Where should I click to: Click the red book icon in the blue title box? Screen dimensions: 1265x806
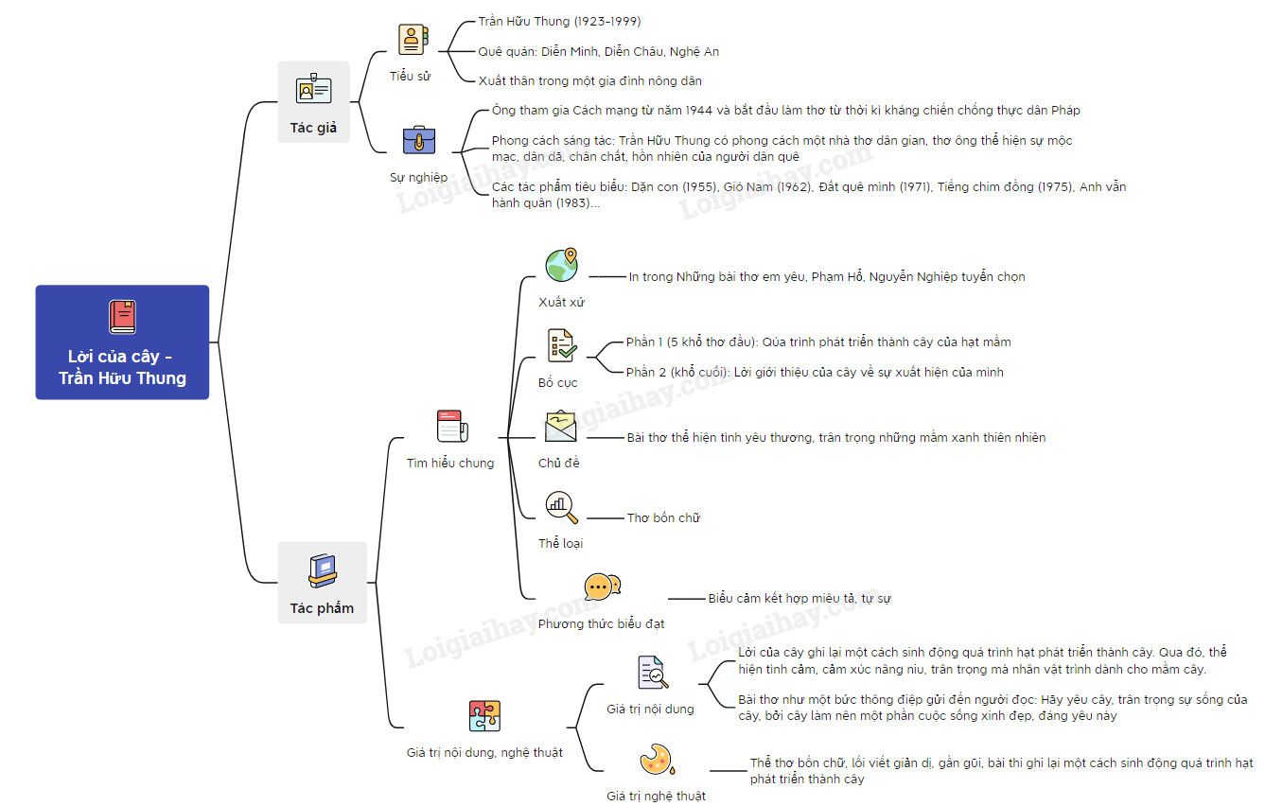[122, 317]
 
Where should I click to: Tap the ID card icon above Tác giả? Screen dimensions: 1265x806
[313, 89]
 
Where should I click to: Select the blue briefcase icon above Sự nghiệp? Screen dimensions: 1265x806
[418, 140]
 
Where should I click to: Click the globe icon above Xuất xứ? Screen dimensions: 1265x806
[561, 265]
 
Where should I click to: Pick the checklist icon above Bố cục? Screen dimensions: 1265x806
[562, 345]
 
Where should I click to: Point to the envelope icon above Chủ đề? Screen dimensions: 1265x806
[560, 426]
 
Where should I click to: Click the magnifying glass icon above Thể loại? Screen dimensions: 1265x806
[561, 507]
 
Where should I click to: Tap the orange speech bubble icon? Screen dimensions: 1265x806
[602, 587]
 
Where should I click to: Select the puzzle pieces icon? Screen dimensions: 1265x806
[484, 715]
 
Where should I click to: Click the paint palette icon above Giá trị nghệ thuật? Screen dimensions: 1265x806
[657, 759]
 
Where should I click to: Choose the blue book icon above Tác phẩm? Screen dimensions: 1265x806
[323, 570]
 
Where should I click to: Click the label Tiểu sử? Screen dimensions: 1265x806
[410, 77]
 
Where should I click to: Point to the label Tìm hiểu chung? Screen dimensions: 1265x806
[450, 464]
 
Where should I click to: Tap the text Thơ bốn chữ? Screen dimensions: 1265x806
[663, 518]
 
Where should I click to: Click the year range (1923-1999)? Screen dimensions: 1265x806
[607, 22]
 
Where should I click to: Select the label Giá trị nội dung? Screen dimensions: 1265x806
[650, 709]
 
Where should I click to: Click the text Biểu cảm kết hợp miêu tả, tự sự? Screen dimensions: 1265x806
[799, 599]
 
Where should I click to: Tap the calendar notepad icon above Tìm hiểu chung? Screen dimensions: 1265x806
[452, 426]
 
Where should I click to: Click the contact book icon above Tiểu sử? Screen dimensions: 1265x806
[413, 40]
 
